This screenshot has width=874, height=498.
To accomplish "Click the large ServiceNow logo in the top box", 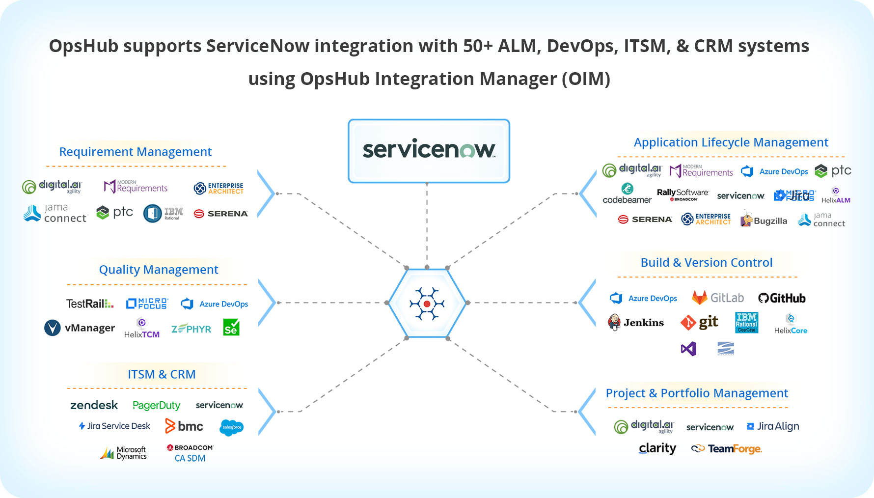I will (429, 149).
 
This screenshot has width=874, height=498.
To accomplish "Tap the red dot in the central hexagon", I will (427, 304).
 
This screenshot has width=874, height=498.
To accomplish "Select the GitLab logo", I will (717, 298).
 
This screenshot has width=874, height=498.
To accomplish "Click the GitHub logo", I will (782, 298).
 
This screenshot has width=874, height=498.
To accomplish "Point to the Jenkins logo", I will (636, 322).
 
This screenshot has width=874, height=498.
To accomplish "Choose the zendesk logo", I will (94, 405).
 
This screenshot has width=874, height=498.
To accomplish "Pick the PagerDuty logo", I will (156, 405).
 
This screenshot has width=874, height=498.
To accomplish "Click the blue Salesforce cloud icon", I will (232, 427).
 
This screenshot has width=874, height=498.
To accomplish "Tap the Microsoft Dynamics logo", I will (124, 453).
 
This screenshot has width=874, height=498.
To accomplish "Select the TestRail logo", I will (90, 304).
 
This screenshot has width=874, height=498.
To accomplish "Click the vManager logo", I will (80, 328).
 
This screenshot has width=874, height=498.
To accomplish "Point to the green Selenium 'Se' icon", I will (231, 328).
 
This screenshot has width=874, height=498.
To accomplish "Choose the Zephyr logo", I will (191, 329).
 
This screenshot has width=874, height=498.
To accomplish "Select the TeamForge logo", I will (727, 448).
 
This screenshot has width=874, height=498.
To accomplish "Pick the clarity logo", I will (657, 448).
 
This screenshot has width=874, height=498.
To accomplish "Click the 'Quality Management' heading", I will (159, 270).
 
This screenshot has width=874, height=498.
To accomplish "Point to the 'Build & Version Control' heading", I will (707, 263).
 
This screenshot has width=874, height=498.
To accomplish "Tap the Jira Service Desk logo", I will (114, 426).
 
